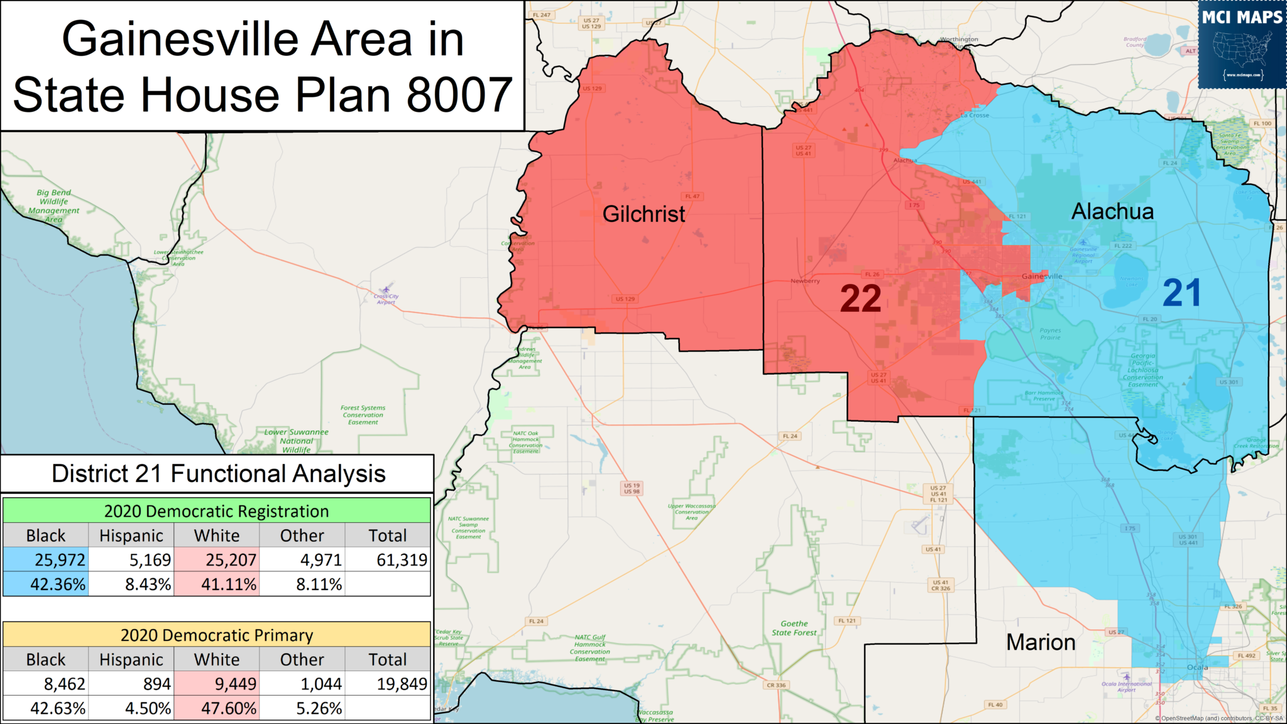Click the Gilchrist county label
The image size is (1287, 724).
(x=643, y=214)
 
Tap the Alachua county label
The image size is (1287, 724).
(x=1112, y=212)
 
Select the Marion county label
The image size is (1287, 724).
(x=1041, y=642)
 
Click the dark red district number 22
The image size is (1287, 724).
(x=860, y=299)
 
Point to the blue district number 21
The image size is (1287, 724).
(x=1181, y=293)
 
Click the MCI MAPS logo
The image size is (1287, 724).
(x=1242, y=44)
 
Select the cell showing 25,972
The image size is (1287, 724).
(x=46, y=559)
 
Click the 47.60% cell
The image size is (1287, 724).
(x=217, y=708)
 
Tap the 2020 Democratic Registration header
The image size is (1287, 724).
(x=217, y=511)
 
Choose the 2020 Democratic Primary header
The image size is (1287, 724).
(x=217, y=635)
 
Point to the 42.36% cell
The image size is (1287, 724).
(x=46, y=584)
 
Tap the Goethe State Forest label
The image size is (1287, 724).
(x=794, y=628)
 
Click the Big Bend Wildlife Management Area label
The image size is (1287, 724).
(x=54, y=206)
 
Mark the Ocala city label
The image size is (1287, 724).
(x=1197, y=667)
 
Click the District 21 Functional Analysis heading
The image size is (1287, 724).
(x=218, y=473)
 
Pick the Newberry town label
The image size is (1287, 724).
(x=805, y=281)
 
